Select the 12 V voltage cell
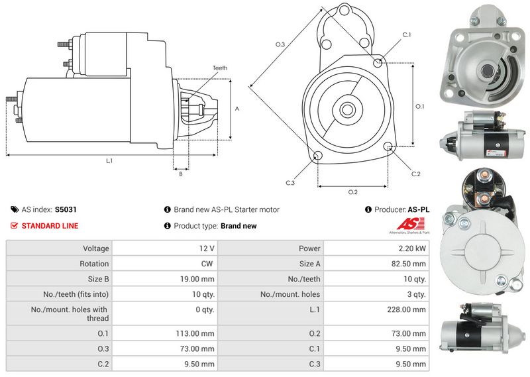click(x=207, y=248)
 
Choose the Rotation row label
click(x=94, y=263)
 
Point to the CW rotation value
click(x=207, y=263)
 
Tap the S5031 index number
click(x=66, y=209)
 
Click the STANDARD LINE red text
click(x=50, y=226)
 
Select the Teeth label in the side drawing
click(x=220, y=68)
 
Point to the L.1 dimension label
click(x=109, y=161)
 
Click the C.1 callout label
click(x=406, y=34)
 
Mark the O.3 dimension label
click(x=280, y=44)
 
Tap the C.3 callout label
click(x=290, y=182)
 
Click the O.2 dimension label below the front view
click(x=352, y=192)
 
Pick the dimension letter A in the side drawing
click(x=237, y=109)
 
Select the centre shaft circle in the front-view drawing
click(x=346, y=109)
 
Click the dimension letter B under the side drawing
click(x=180, y=174)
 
